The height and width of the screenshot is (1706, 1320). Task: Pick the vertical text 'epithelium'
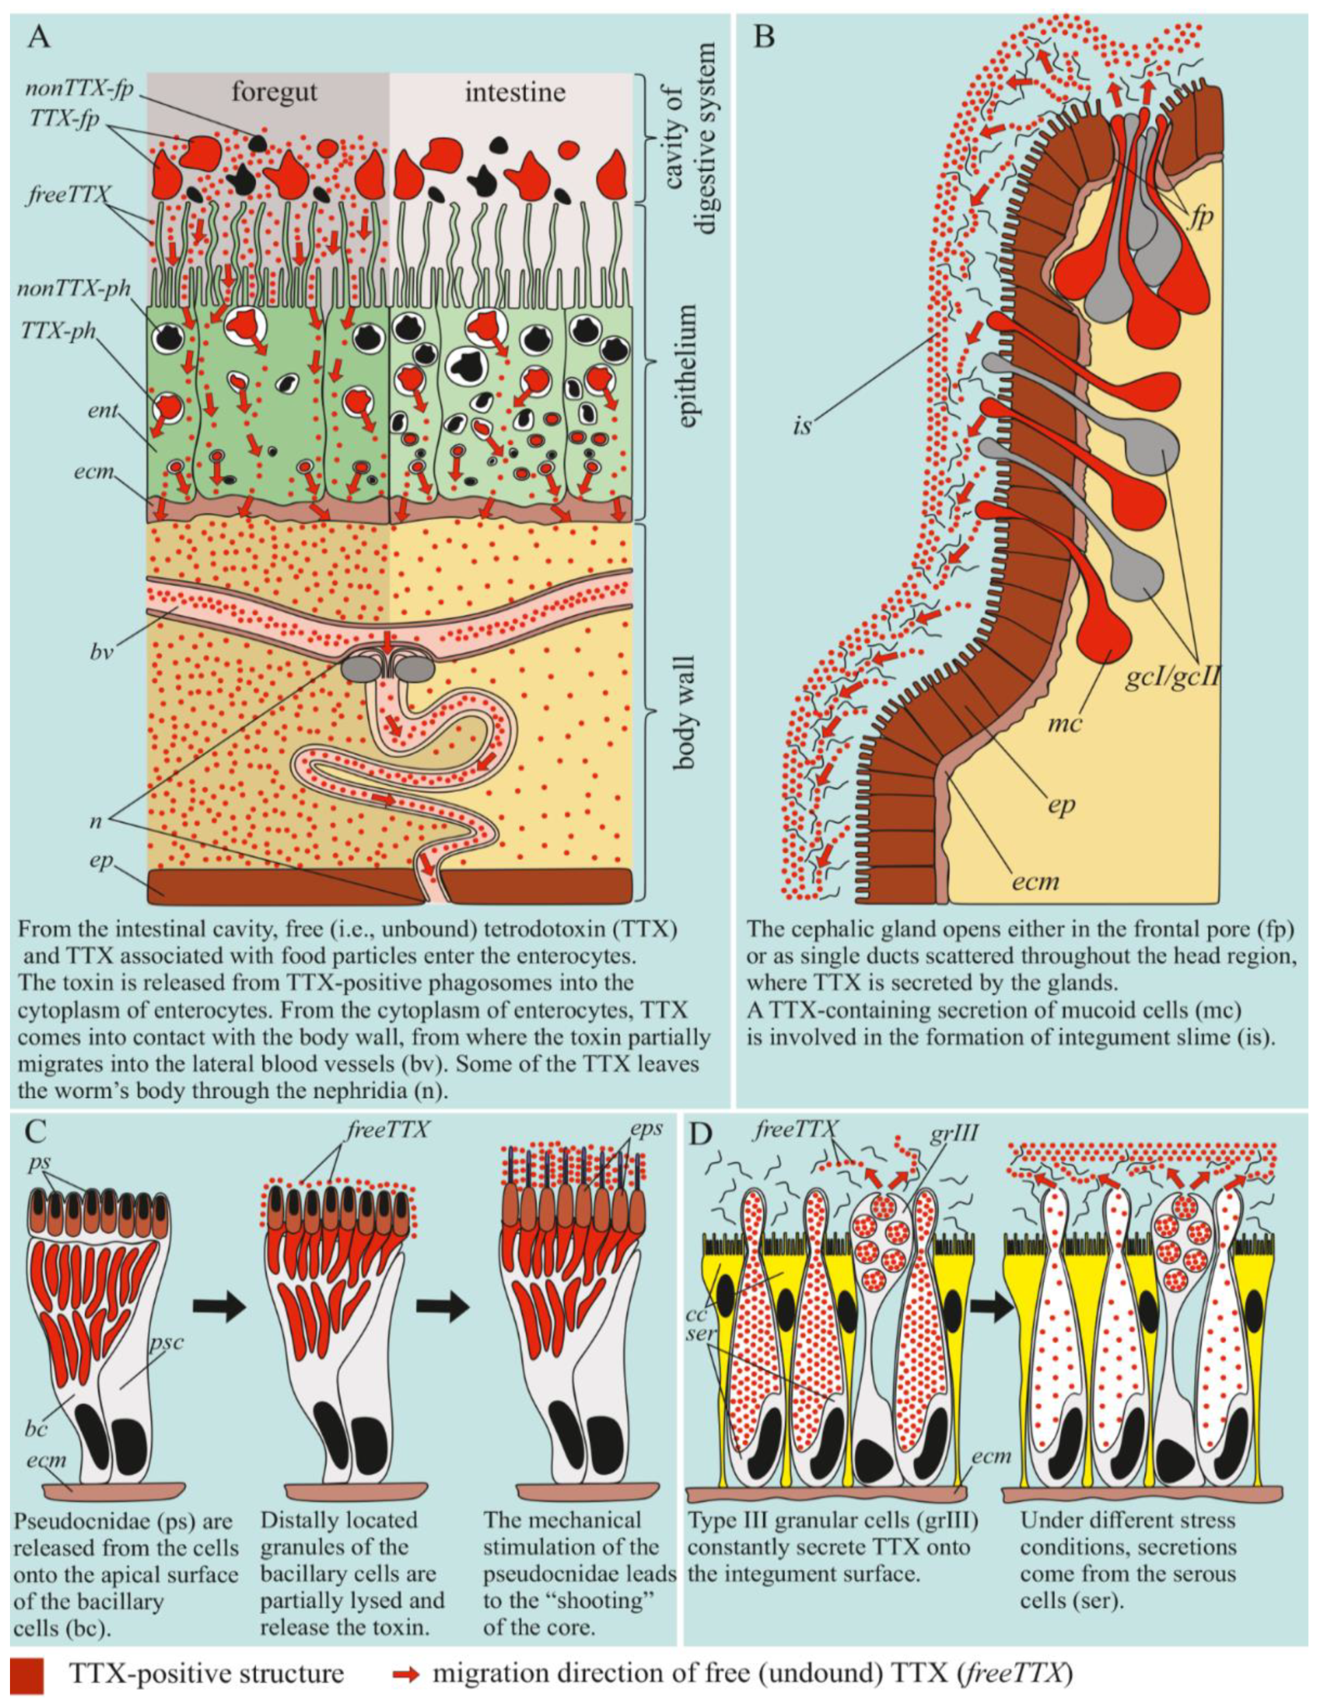(686, 367)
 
